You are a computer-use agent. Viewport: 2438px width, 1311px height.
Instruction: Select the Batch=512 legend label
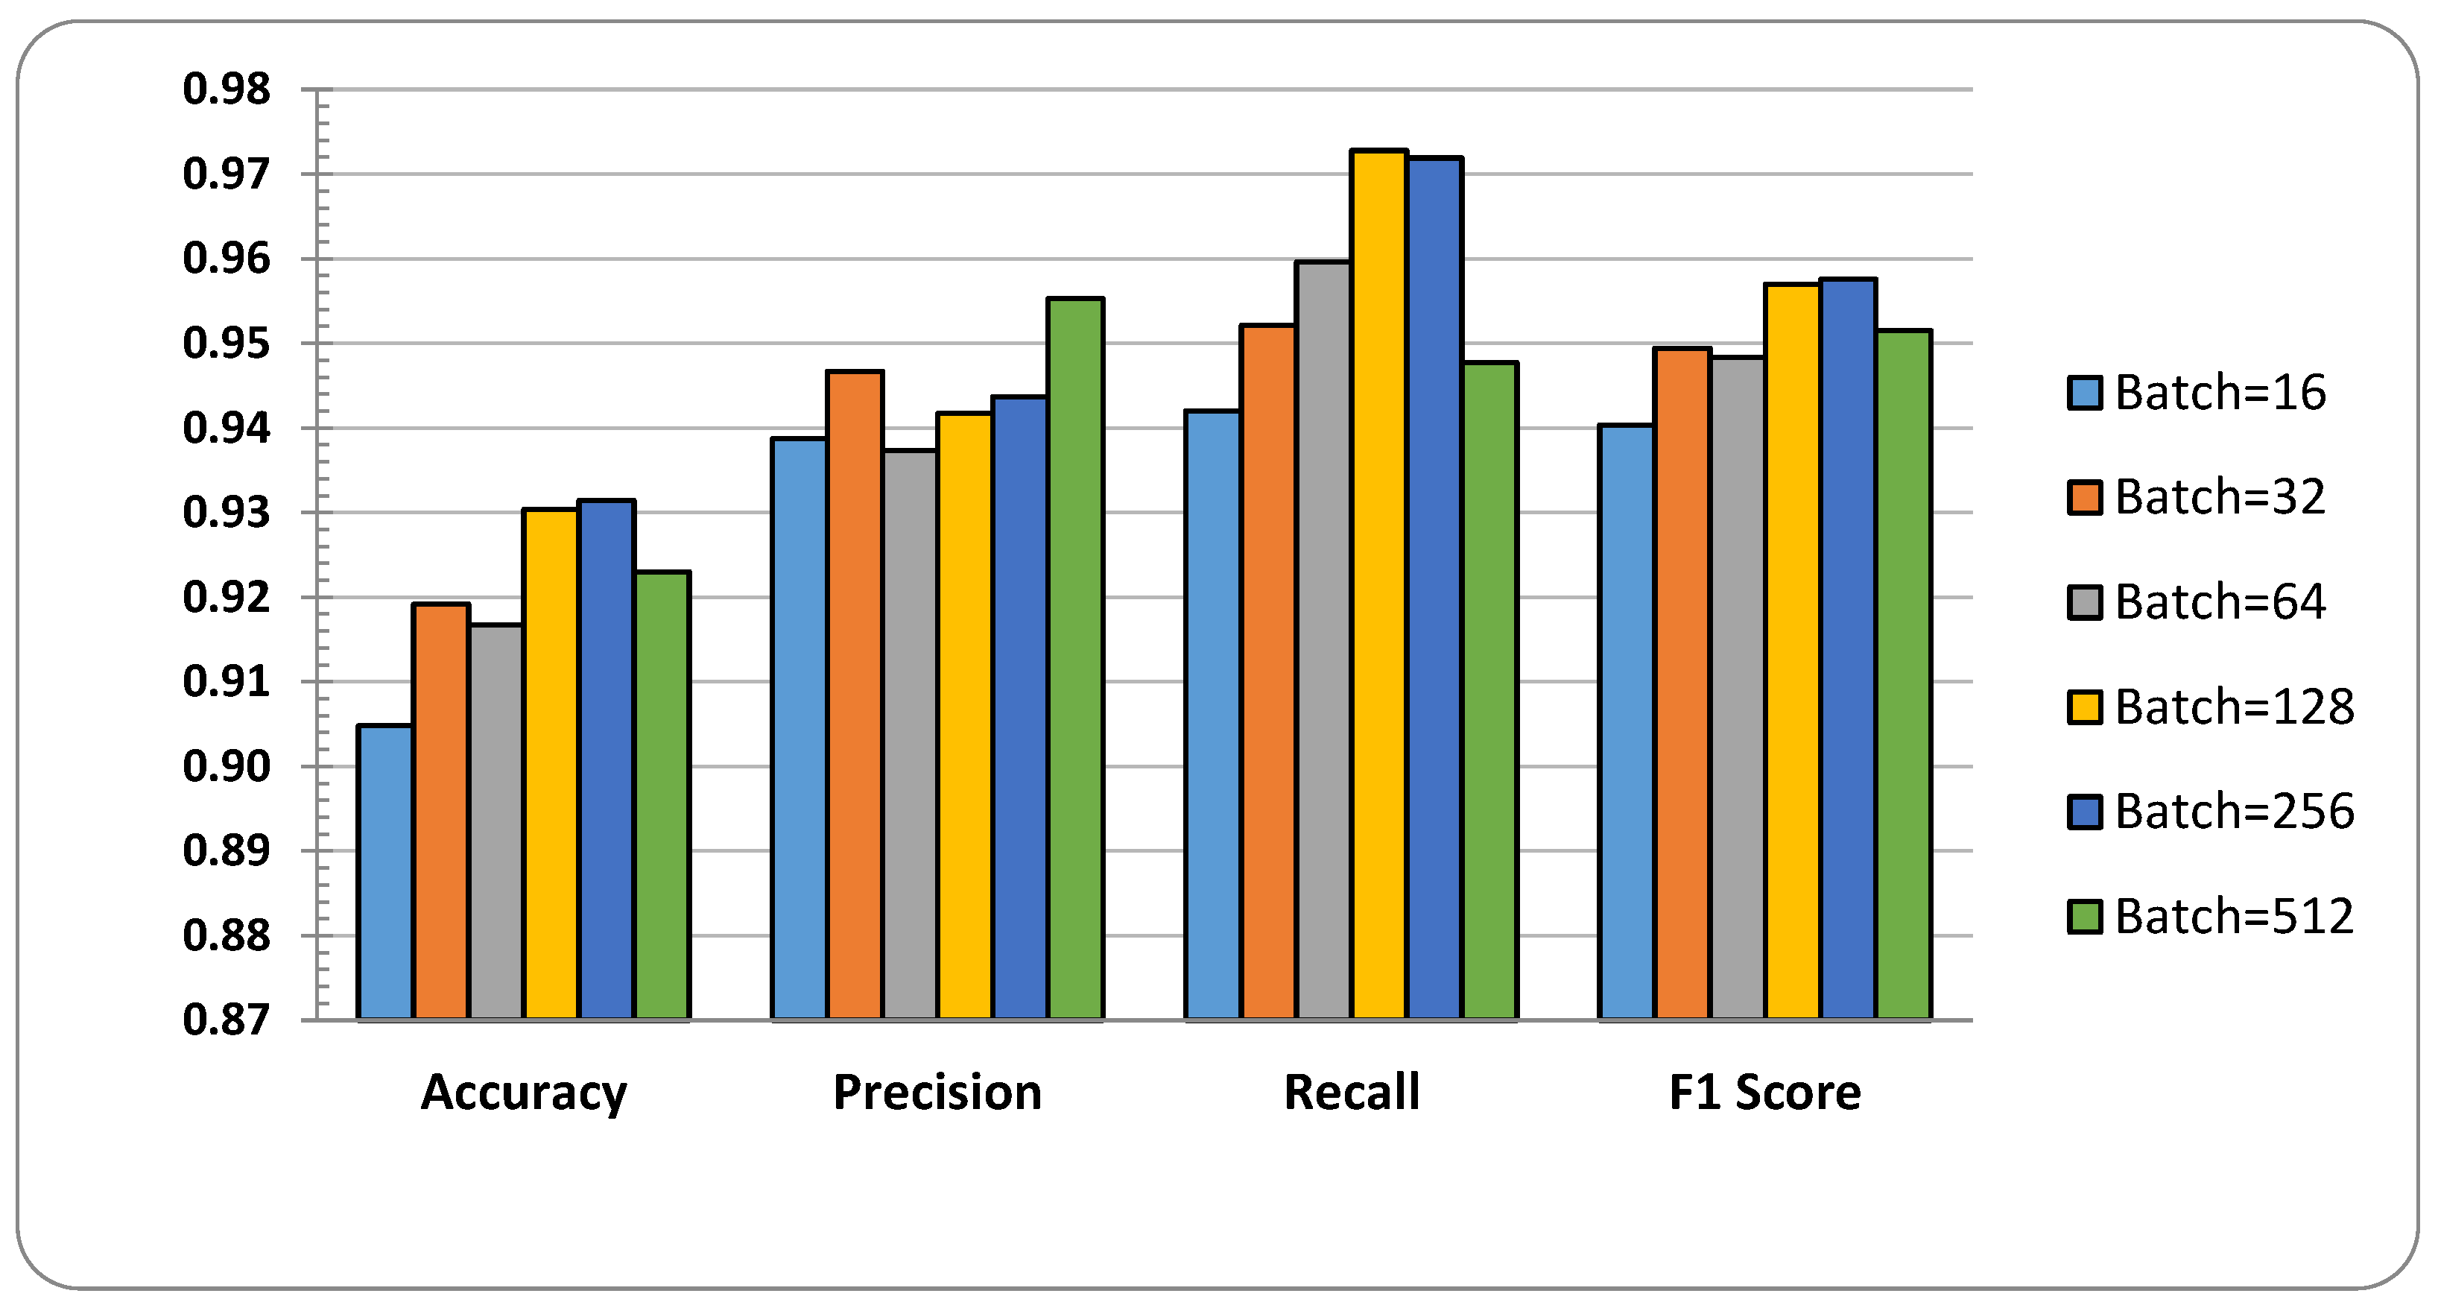[x=2235, y=916]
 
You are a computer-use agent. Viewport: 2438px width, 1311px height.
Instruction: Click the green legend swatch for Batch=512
[x=2085, y=916]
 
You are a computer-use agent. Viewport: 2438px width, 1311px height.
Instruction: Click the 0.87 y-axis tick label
[x=227, y=1020]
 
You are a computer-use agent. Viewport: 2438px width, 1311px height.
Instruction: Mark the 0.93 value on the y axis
[x=227, y=512]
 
